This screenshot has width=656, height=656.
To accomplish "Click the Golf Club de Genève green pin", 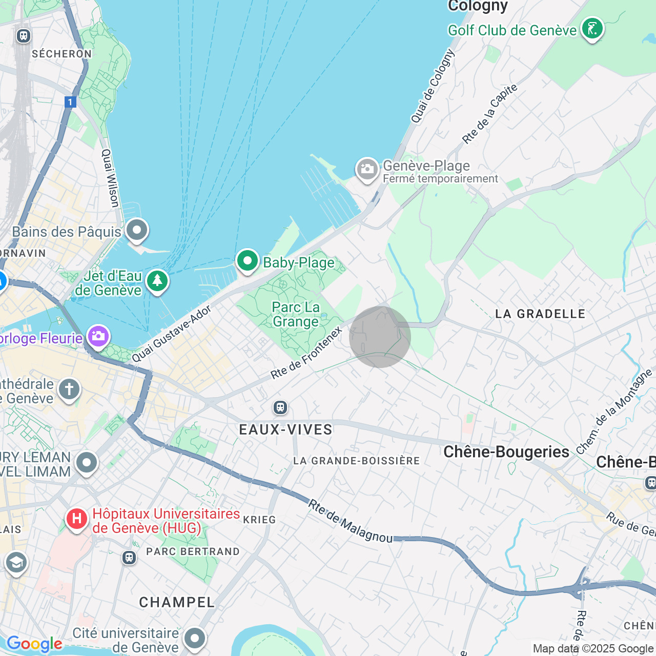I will [x=592, y=29].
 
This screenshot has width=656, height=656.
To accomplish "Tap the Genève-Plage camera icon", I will [x=367, y=170].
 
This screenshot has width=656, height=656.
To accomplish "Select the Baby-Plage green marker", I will [x=248, y=261].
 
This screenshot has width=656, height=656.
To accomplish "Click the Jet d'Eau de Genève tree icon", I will [x=157, y=281].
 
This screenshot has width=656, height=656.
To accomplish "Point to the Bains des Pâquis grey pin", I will [x=136, y=230].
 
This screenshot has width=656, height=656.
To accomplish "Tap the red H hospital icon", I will [x=76, y=519].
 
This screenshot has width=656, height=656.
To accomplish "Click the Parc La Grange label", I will [x=296, y=314].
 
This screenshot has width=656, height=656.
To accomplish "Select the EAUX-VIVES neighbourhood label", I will [x=285, y=429].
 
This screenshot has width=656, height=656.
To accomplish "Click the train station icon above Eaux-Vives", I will [x=280, y=407].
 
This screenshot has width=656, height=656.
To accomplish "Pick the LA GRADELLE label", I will [x=540, y=314].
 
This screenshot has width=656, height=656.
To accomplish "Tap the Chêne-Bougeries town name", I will [x=506, y=452].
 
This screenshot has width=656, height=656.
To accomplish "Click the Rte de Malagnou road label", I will [x=350, y=522].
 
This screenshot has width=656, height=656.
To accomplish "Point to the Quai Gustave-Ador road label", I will [x=171, y=334].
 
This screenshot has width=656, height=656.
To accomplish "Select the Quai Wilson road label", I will [x=110, y=178].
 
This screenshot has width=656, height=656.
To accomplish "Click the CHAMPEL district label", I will [x=177, y=602].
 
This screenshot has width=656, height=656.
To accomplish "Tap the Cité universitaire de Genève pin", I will [x=194, y=638].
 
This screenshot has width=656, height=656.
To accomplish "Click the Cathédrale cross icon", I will [x=69, y=389].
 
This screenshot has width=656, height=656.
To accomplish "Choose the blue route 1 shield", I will [x=70, y=102].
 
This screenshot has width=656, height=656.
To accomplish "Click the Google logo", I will [x=34, y=644].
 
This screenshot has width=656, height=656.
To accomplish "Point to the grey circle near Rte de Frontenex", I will [x=380, y=337].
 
